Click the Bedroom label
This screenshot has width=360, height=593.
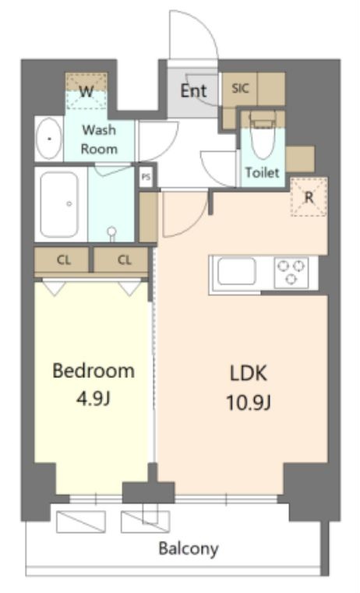coord(94,371)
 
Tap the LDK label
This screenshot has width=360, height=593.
coord(249,373)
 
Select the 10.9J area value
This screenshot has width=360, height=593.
coord(249,402)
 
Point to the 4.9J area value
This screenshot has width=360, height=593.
coord(94,398)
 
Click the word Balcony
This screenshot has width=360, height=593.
coord(189,549)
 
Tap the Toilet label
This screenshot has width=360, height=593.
coord(263,172)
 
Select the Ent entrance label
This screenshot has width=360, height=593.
coord(193,91)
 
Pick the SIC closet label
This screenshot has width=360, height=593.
coord(241,89)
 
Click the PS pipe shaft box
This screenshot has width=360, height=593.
coord(146,177)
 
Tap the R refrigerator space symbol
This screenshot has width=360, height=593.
coord(309,196)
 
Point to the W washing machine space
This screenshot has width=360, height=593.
coord(86,91)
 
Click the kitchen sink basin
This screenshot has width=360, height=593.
coord(236,271)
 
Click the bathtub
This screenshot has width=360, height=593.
coord(60,204)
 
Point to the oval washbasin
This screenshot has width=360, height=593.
coord(49,139)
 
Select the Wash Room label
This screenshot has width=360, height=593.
coord(99,139)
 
